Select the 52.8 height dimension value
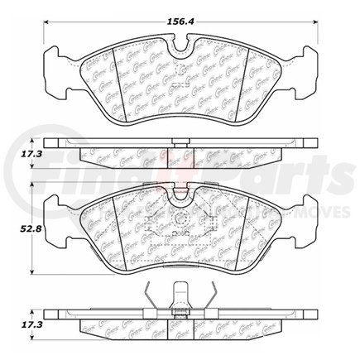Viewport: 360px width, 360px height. pyautogui.click(x=16, y=233)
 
